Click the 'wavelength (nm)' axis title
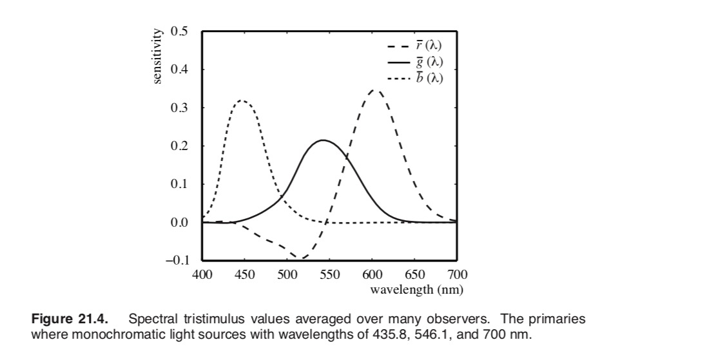tap(416, 289)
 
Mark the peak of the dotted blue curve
tap(242, 100)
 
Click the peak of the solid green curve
tap(323, 140)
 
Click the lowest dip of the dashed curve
tap(301, 258)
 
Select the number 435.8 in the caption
tap(384, 335)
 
